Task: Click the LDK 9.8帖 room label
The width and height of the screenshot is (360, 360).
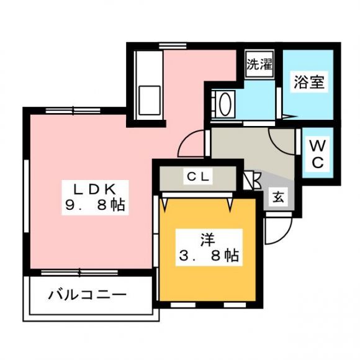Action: click(x=95, y=197)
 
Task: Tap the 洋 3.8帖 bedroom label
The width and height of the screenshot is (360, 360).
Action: click(x=209, y=248)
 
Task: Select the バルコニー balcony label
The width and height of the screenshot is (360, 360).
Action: click(x=88, y=295)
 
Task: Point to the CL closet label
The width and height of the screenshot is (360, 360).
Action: click(x=198, y=176)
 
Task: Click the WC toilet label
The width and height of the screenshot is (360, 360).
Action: click(x=318, y=153)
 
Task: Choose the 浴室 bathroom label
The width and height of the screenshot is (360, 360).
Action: click(x=309, y=82)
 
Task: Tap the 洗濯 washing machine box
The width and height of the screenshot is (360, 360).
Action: click(x=259, y=65)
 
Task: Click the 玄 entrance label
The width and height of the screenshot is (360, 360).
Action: click(x=278, y=197)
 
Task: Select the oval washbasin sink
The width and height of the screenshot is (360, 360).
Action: click(x=225, y=104)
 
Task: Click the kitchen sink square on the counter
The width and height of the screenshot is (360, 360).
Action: click(x=150, y=100)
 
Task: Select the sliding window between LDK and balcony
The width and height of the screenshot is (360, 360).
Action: click(x=79, y=272)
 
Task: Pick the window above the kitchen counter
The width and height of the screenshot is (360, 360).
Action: click(x=173, y=46)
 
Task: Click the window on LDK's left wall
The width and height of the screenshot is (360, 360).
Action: click(x=27, y=196)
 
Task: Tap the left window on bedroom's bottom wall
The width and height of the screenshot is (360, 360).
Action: click(x=183, y=305)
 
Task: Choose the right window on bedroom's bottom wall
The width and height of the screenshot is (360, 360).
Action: click(x=235, y=305)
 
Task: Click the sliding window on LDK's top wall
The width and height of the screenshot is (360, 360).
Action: click(x=73, y=111)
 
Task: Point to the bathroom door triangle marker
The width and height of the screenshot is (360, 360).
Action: click(x=290, y=117)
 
